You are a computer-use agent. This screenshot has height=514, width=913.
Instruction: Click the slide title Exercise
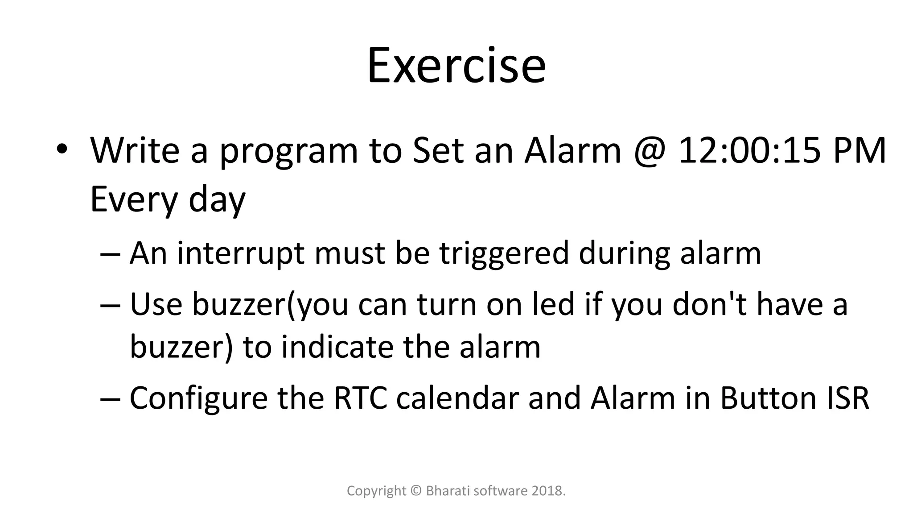tap(456, 66)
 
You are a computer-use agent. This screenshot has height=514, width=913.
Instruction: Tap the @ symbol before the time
tap(649, 151)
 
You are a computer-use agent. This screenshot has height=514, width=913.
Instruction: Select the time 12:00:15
tap(749, 151)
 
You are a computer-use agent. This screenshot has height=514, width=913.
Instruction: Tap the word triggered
tap(504, 253)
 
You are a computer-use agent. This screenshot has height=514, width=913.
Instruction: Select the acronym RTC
tap(360, 398)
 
